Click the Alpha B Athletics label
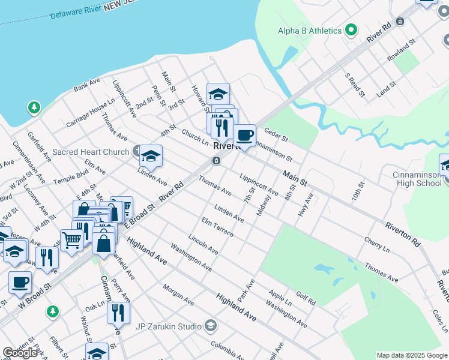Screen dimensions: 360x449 coord(310,31)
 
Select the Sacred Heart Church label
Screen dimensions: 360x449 coord(91,152)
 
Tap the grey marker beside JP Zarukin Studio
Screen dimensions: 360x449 coord(210,326)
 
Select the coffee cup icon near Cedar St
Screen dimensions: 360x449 coord(244,136)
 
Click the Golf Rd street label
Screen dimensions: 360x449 coord(305,298)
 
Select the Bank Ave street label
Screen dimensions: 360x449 coord(86,85)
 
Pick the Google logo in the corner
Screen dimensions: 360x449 coord(20,353)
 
